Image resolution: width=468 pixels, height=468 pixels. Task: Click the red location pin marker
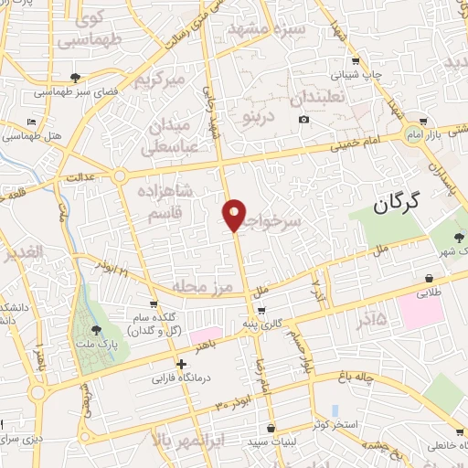click(234, 214)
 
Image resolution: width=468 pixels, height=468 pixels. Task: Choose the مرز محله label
click(208, 286)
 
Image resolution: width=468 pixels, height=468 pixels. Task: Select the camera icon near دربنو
click(303, 120)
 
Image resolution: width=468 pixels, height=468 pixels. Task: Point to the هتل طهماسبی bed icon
click(32, 122)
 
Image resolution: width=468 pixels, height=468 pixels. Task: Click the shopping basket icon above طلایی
click(430, 278)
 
